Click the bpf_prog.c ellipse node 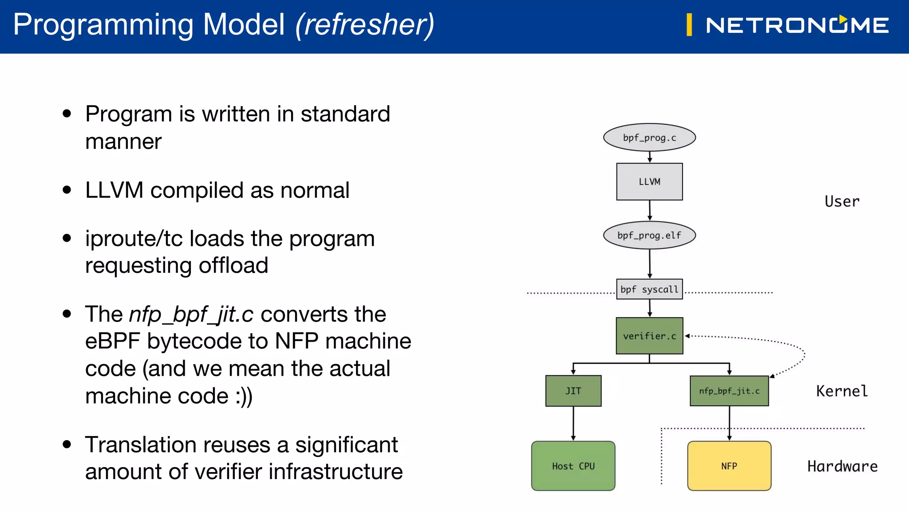pos(649,138)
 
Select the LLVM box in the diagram pos(649,181)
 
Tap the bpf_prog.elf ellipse pos(649,235)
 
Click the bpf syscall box pos(649,289)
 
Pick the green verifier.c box pos(649,336)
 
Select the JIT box pos(573,391)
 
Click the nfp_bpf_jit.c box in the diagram pos(729,391)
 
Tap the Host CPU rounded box pos(573,466)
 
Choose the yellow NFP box pos(729,466)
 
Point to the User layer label pos(842,201)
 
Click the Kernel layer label pos(842,391)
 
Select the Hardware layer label pos(842,466)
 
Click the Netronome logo pos(797,25)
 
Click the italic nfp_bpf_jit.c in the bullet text pos(191,314)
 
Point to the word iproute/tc pos(134,239)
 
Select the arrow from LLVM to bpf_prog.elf pos(649,210)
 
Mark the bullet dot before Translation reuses pos(67,444)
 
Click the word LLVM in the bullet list pos(114,190)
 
